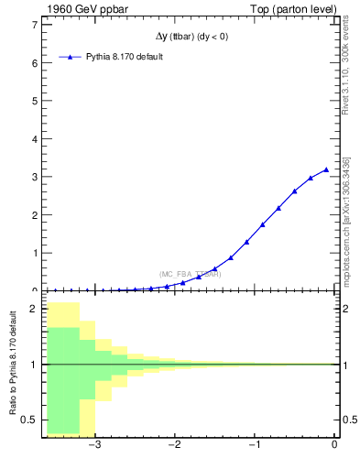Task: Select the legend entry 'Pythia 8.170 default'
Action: pos(124,57)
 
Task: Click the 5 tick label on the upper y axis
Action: pos(34,102)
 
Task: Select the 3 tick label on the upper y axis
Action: pos(34,177)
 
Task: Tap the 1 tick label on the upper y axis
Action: pos(34,253)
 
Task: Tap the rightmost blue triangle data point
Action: pos(326,169)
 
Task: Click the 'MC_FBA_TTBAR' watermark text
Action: pos(190,274)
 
